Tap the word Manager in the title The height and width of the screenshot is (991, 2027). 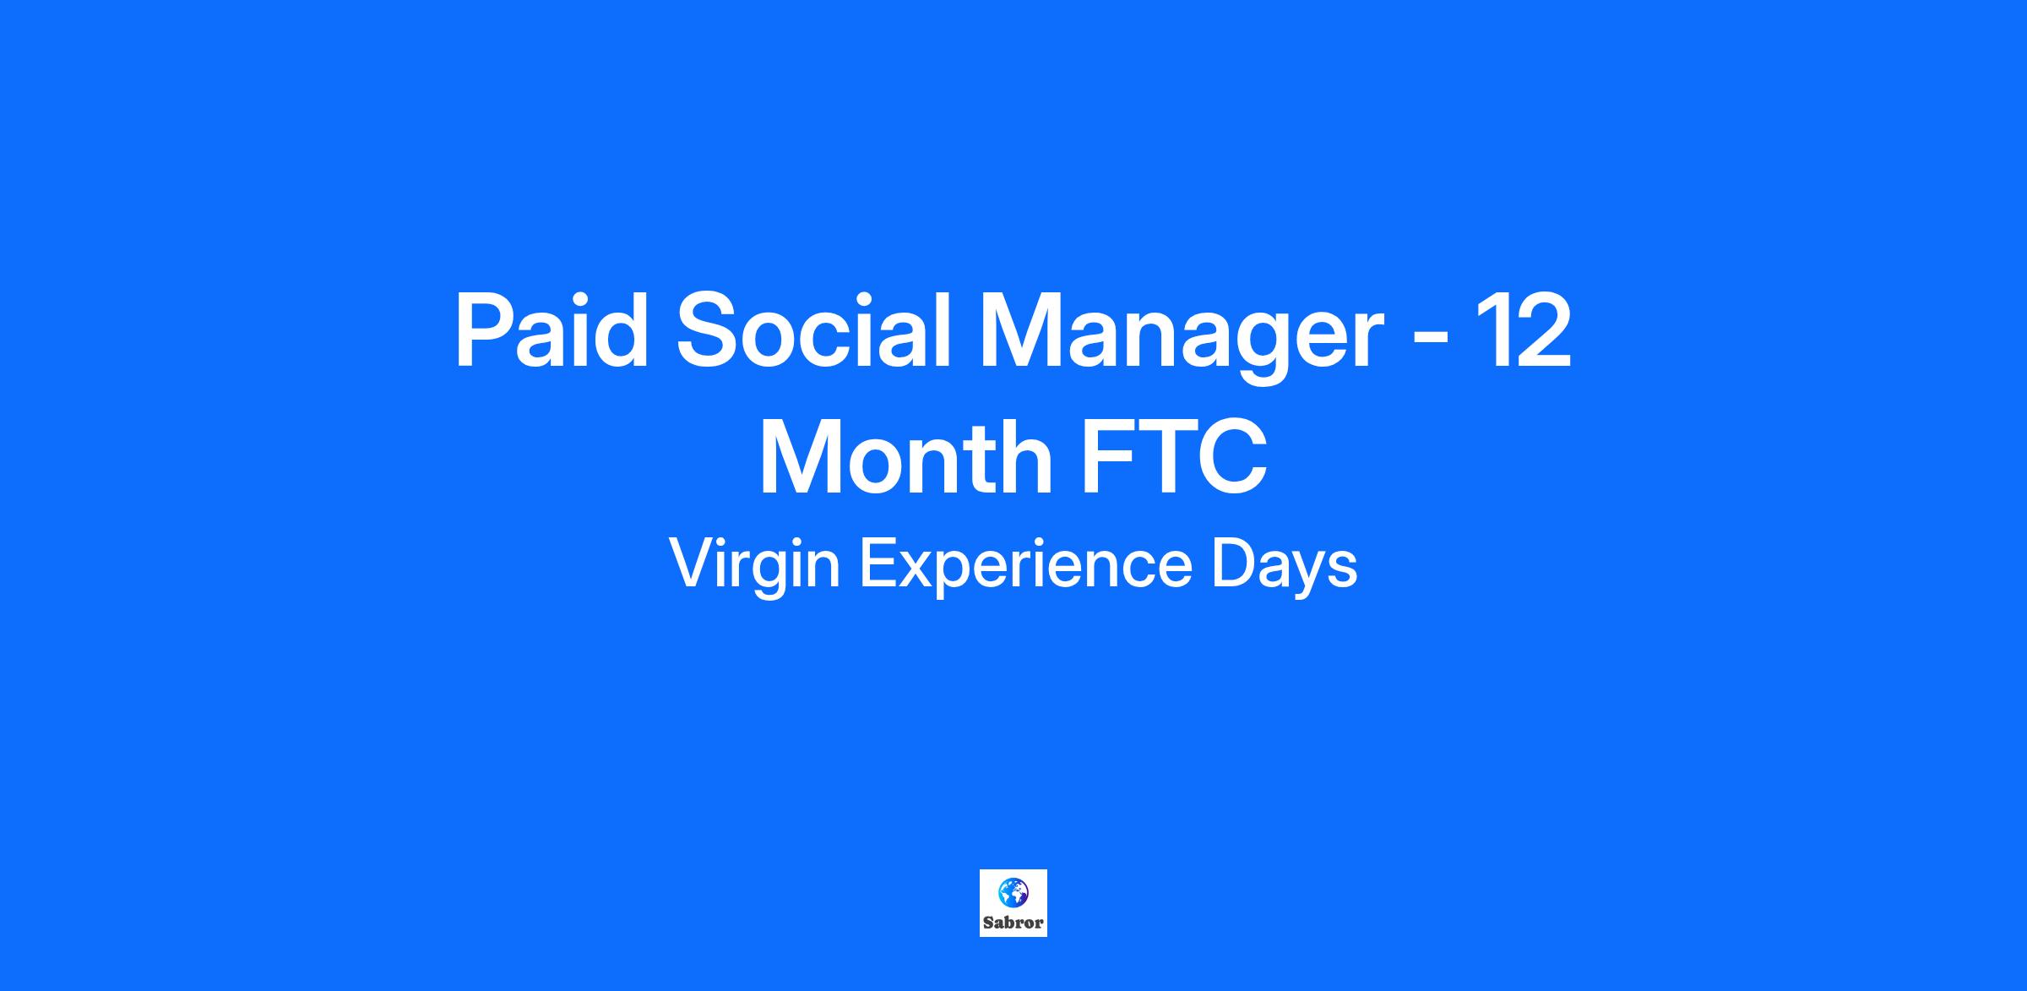coord(1180,338)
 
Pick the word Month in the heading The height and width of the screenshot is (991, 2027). coord(905,457)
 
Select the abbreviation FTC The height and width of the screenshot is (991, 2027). coord(1175,457)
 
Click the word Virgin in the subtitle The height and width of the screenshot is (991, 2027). coord(754,566)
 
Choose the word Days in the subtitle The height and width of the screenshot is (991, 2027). coord(1284,566)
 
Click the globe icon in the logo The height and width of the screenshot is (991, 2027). coord(1013,892)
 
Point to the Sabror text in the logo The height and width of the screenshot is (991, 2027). coord(1013,923)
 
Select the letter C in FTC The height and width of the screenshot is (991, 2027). coord(1234,457)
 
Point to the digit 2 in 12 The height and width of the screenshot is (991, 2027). coord(1543,330)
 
